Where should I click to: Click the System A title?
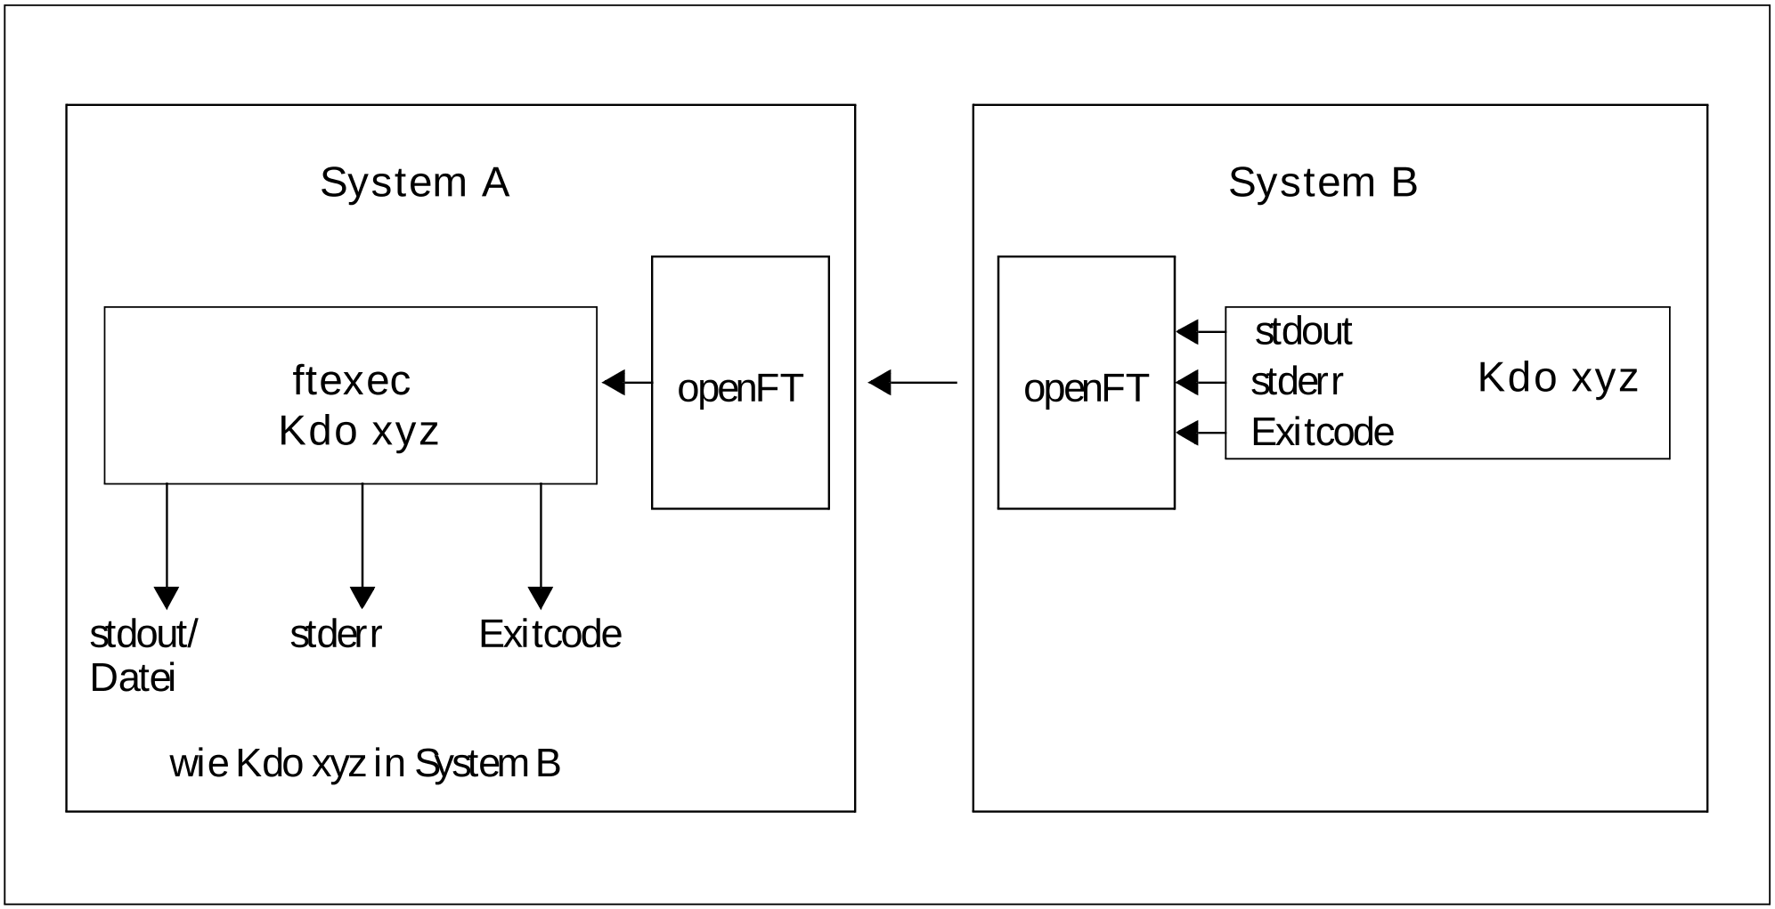click(414, 183)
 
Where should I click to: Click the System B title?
click(1323, 183)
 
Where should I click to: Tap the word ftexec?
click(351, 381)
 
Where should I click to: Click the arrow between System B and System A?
click(912, 383)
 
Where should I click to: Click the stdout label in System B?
click(1303, 332)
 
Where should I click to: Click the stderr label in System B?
click(1297, 383)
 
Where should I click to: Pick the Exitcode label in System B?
click(1322, 434)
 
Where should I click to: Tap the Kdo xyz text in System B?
click(1558, 378)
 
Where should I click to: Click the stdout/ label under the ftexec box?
click(143, 635)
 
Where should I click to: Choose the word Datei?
click(133, 679)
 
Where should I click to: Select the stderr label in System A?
click(336, 635)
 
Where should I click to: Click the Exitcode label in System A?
click(550, 635)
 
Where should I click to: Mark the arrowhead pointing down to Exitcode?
click(541, 597)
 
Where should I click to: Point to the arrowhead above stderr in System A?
click(362, 597)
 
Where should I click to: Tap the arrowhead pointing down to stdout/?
click(167, 597)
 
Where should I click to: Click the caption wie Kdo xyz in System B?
click(364, 764)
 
